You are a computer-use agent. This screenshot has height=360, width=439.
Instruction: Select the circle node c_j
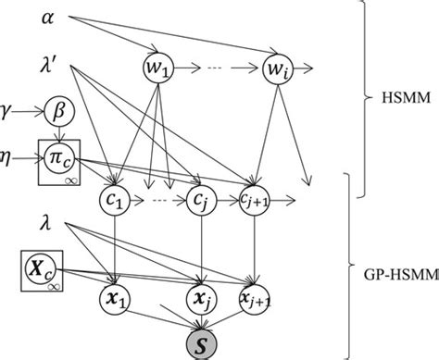pyautogui.click(x=202, y=198)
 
